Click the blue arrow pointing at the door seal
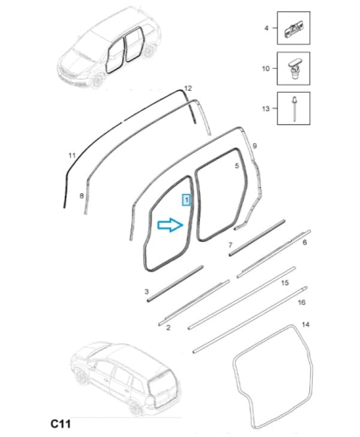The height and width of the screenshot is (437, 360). coord(170,225)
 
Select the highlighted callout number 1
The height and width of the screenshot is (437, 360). coord(186,200)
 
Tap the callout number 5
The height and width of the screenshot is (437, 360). coord(237,166)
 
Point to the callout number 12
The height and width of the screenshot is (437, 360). coord(188,88)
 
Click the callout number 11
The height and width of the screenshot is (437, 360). coord(72,156)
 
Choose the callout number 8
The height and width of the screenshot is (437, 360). coord(81,196)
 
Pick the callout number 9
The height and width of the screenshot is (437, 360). coord(254,146)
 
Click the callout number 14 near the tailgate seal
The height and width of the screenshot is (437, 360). coord(305,324)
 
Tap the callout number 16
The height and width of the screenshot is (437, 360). coord(301,302)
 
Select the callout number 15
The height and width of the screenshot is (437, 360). coord(285,282)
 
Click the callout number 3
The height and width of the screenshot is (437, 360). coord(147,292)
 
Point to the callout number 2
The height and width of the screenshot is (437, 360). coord(168,328)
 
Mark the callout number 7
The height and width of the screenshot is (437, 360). coord(231,245)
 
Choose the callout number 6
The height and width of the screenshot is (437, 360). coord(305,242)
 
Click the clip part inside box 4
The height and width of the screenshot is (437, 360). coord(294,29)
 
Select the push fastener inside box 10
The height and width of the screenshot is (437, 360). coord(294,68)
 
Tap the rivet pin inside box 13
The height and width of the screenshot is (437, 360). coord(294,108)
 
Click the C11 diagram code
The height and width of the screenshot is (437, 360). coord(60,424)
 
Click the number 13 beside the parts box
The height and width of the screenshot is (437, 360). coord(266,108)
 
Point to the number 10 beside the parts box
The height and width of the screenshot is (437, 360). coord(266,69)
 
